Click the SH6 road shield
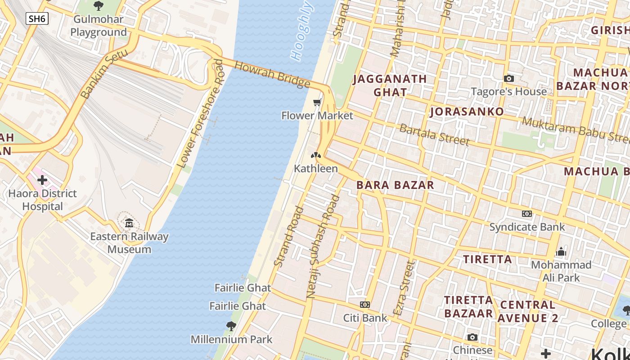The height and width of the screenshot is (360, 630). pyautogui.click(x=37, y=18)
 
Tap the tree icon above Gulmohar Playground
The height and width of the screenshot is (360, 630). pyautogui.click(x=99, y=6)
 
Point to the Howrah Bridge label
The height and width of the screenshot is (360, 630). pyautogui.click(x=273, y=75)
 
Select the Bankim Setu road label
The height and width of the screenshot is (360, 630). pyautogui.click(x=105, y=74)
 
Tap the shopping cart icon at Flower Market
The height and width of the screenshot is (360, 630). pyautogui.click(x=317, y=103)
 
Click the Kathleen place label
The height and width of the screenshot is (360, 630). pyautogui.click(x=316, y=169)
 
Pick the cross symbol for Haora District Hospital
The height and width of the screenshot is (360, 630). pyautogui.click(x=42, y=180)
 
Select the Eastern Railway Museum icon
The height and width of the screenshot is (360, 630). pyautogui.click(x=129, y=223)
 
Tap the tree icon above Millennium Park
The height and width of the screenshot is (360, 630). pyautogui.click(x=231, y=326)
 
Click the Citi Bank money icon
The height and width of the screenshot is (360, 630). pyautogui.click(x=365, y=305)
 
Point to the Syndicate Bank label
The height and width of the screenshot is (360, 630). pyautogui.click(x=527, y=227)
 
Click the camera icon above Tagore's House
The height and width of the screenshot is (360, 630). pyautogui.click(x=509, y=79)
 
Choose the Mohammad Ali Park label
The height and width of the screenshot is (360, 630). pyautogui.click(x=561, y=271)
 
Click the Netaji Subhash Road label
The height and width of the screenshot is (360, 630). pyautogui.click(x=323, y=247)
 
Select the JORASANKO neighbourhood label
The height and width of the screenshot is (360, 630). pyautogui.click(x=467, y=112)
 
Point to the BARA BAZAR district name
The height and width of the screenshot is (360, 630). pyautogui.click(x=395, y=185)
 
